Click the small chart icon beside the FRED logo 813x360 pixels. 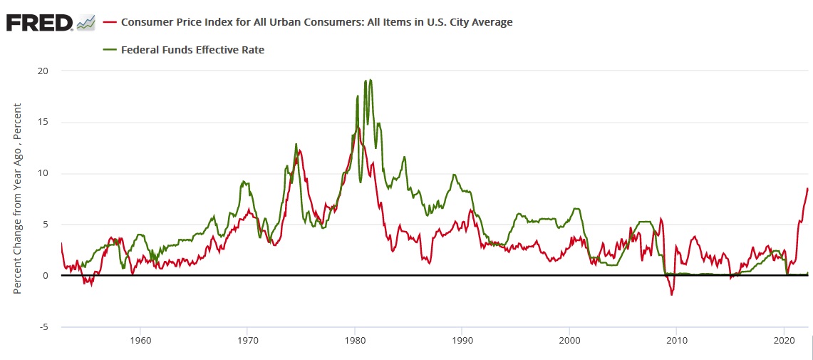click(x=86, y=22)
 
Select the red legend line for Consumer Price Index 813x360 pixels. click(x=110, y=22)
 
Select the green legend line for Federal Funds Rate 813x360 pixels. click(x=110, y=49)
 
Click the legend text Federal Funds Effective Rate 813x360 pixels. click(x=192, y=49)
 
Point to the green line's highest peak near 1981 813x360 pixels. click(x=370, y=80)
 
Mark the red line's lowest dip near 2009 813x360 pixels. click(x=671, y=294)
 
